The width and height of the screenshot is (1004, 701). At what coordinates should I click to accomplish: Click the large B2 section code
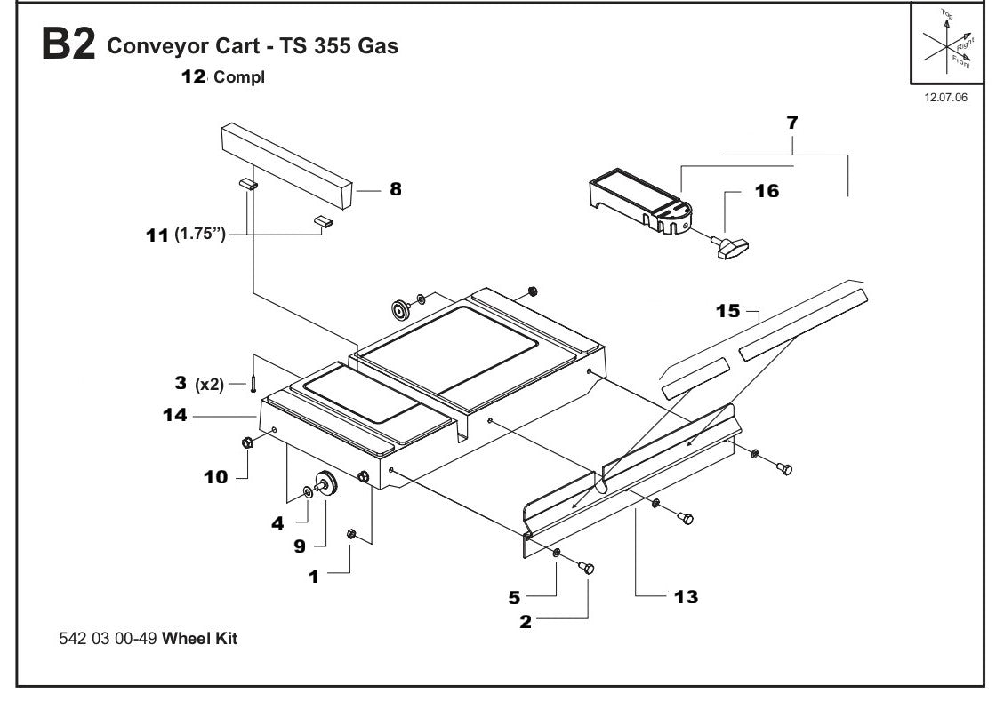point(68,45)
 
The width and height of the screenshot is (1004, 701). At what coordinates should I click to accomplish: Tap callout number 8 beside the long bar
point(396,188)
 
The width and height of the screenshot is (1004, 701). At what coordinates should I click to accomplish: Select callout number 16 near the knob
point(767,191)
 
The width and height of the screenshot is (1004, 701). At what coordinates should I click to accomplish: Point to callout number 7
point(792,123)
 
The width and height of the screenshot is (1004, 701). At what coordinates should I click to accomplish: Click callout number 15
point(728,311)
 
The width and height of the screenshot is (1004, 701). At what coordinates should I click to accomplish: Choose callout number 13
point(686,596)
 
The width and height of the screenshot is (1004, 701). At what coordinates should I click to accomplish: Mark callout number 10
point(216,477)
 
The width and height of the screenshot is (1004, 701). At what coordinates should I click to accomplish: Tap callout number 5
point(514,598)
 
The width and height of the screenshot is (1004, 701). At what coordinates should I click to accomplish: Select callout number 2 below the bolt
point(526,622)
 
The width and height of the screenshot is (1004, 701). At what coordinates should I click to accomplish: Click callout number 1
point(313,576)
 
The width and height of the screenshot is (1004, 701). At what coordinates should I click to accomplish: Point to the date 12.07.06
point(945,97)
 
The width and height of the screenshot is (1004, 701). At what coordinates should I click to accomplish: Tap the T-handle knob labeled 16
point(732,248)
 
